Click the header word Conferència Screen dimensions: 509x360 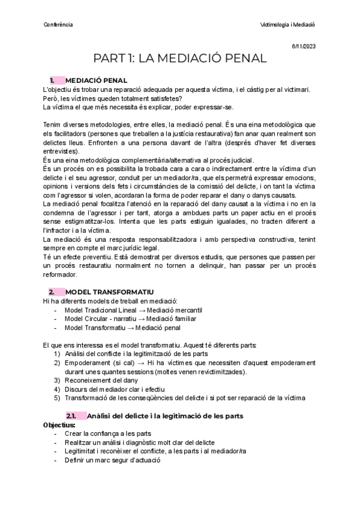[59, 25]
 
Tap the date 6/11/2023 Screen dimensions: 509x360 [304, 46]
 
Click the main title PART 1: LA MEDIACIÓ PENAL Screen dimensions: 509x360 [180, 59]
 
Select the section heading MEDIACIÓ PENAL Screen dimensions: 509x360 [96, 80]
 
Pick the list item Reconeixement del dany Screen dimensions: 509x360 [101, 380]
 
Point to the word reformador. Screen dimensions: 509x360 [61, 275]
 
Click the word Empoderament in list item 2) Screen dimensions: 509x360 [87, 363]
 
